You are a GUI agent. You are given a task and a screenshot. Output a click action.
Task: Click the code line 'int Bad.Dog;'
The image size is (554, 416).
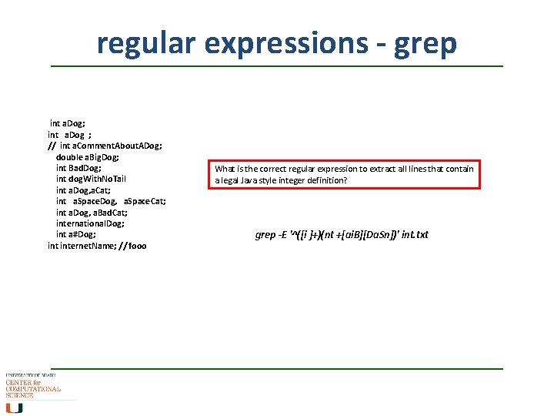click(x=78, y=167)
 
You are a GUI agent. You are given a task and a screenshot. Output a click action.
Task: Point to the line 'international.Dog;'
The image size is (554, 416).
click(x=90, y=223)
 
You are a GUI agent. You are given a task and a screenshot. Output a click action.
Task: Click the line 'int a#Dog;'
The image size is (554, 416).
click(x=76, y=234)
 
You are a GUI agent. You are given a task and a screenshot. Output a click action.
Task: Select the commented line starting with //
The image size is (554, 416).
click(x=105, y=145)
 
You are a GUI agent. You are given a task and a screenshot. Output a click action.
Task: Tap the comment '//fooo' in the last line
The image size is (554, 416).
click(x=132, y=246)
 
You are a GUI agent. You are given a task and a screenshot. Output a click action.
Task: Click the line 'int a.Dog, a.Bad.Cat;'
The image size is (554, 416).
click(x=92, y=212)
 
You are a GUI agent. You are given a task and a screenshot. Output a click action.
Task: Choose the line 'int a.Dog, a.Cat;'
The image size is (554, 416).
click(x=83, y=190)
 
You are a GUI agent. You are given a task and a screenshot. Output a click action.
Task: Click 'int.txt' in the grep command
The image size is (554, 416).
click(x=415, y=235)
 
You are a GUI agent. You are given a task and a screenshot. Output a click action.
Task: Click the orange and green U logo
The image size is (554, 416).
click(x=15, y=408)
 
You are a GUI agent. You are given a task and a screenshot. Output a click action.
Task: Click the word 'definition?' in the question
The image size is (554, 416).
click(x=328, y=180)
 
